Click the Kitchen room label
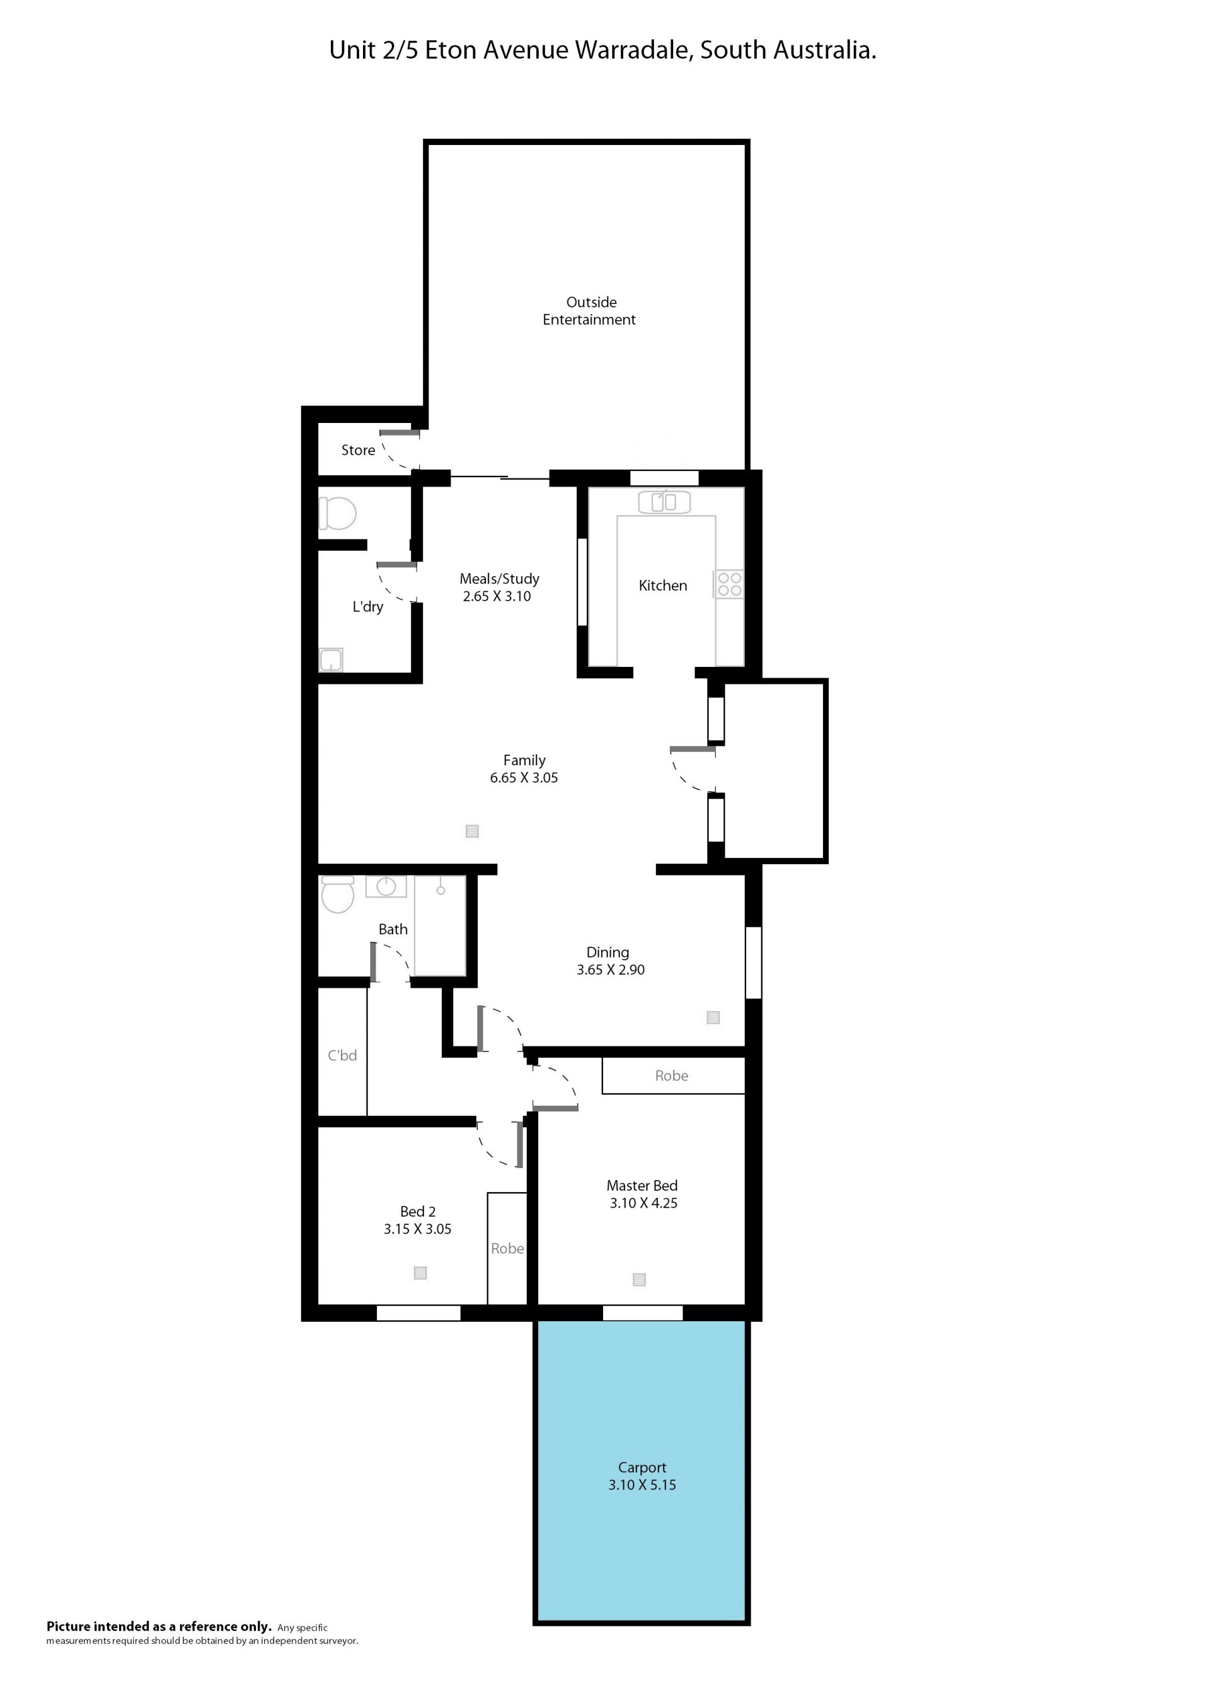pyautogui.click(x=662, y=586)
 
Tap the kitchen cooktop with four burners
pyautogui.click(x=729, y=584)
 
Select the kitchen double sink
pyautogui.click(x=664, y=502)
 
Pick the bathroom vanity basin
pyautogui.click(x=386, y=887)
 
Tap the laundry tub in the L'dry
pyautogui.click(x=331, y=659)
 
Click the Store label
pyautogui.click(x=359, y=450)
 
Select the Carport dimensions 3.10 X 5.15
pyautogui.click(x=642, y=1485)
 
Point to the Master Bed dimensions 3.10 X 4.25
pyautogui.click(x=643, y=1203)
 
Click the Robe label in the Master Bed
pyautogui.click(x=672, y=1076)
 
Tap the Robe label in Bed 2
pyautogui.click(x=507, y=1249)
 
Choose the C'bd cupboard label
pyautogui.click(x=343, y=1056)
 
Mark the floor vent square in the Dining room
pyautogui.click(x=713, y=1017)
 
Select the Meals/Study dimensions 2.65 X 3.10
pyautogui.click(x=497, y=597)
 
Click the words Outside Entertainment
pyautogui.click(x=589, y=311)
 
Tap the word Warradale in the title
pyautogui.click(x=634, y=50)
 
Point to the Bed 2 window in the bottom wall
pyautogui.click(x=418, y=1312)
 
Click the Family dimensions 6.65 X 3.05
pyautogui.click(x=524, y=778)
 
